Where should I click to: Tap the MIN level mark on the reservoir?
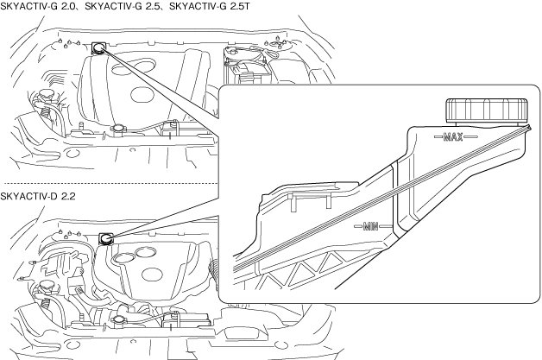point(371,227)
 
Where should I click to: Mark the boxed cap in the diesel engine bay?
point(107,239)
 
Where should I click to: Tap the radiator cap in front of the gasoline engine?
point(117,130)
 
